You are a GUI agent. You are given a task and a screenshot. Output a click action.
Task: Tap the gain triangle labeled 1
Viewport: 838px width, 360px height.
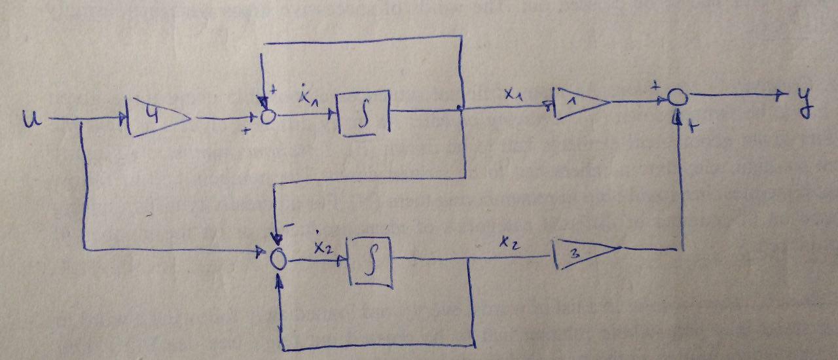(x=580, y=104)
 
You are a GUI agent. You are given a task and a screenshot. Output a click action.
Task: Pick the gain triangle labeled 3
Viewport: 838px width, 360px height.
(x=585, y=254)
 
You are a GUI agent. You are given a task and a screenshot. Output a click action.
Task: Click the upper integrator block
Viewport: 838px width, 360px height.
(x=363, y=113)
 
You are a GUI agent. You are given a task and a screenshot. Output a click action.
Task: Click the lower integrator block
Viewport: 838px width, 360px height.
(x=370, y=261)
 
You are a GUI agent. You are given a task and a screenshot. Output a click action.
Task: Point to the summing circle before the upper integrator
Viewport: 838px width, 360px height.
(x=267, y=117)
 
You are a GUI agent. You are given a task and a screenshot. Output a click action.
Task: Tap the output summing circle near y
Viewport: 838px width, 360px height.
(x=678, y=98)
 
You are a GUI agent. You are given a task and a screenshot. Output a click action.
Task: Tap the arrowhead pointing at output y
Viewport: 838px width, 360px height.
(x=780, y=96)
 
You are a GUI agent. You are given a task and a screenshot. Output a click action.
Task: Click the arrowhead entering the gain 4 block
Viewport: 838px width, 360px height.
(x=123, y=119)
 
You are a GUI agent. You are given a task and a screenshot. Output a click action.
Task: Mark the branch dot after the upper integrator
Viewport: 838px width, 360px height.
(x=463, y=109)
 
